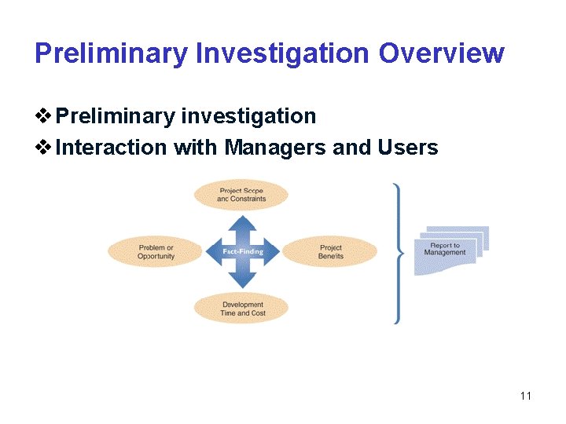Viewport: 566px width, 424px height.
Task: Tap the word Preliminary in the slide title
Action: click(111, 53)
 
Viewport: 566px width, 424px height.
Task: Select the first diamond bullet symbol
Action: click(44, 117)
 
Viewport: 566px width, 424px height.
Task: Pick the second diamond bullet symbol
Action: click(44, 147)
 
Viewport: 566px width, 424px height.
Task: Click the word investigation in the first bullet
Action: click(248, 117)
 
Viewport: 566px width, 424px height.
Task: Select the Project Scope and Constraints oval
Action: click(241, 195)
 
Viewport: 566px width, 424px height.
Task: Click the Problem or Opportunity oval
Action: click(156, 252)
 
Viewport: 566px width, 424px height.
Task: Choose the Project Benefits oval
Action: click(330, 252)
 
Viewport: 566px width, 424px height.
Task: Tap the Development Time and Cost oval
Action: click(242, 309)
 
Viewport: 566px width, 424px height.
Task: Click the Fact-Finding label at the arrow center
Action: click(242, 252)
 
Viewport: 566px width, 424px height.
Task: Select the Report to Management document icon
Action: click(450, 250)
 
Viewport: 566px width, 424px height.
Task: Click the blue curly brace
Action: click(399, 253)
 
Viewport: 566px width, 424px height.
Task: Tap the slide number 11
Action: click(526, 395)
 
